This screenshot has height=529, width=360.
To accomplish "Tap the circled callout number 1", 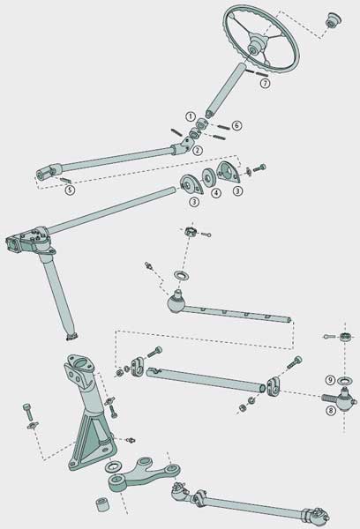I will pyautogui.click(x=189, y=115).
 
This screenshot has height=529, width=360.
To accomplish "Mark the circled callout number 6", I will pyautogui.click(x=236, y=126).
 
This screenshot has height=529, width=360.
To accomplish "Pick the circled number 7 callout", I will pyautogui.click(x=264, y=84).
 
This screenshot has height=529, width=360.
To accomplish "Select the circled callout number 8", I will pyautogui.click(x=330, y=410).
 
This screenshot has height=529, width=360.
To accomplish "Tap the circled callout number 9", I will pyautogui.click(x=330, y=380).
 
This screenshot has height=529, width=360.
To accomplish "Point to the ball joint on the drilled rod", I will pyautogui.click(x=176, y=305).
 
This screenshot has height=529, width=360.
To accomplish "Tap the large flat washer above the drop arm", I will pyautogui.click(x=113, y=466).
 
